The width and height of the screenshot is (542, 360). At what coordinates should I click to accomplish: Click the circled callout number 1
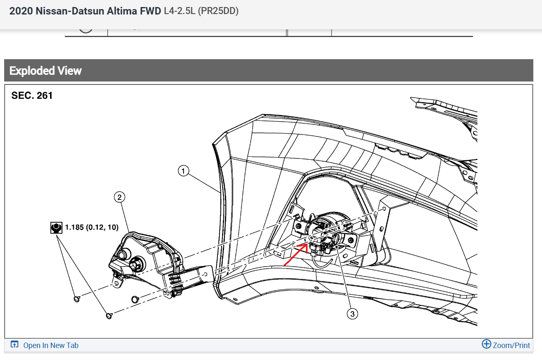pyautogui.click(x=183, y=170)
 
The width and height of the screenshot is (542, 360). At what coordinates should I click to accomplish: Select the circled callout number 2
pyautogui.click(x=119, y=198)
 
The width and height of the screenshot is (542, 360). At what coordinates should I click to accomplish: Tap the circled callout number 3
pyautogui.click(x=352, y=314)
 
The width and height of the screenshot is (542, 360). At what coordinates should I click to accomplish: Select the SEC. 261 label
pyautogui.click(x=32, y=96)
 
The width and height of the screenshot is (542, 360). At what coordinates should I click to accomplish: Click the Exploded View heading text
pyautogui.click(x=45, y=71)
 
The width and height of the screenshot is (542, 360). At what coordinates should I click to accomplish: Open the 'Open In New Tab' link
pyautogui.click(x=51, y=346)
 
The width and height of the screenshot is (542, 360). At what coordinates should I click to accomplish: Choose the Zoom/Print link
pyautogui.click(x=511, y=345)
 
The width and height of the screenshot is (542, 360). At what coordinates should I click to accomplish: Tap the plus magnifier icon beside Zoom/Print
pyautogui.click(x=487, y=344)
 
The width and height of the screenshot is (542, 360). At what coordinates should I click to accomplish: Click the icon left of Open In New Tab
pyautogui.click(x=15, y=345)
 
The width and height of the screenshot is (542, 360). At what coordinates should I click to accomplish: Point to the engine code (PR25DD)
pyautogui.click(x=218, y=11)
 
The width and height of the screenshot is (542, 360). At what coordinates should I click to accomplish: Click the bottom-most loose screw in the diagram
pyautogui.click(x=109, y=316)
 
